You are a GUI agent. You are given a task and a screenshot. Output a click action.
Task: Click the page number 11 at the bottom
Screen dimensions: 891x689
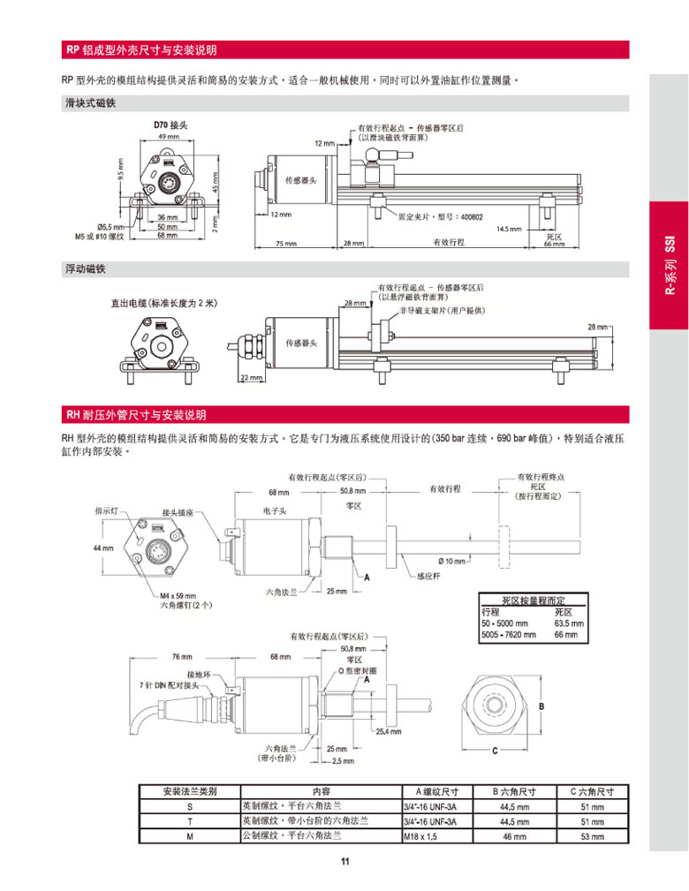[344, 863]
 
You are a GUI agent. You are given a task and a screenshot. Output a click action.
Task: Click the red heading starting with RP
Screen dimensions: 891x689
[141, 49]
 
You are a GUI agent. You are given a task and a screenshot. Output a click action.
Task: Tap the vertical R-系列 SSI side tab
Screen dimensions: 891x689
[669, 265]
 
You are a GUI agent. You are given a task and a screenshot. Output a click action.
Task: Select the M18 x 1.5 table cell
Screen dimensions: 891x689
[420, 836]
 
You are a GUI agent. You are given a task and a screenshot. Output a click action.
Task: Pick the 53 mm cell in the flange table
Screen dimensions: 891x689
[592, 836]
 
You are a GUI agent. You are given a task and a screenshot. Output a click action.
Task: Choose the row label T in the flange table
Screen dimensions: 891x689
[189, 821]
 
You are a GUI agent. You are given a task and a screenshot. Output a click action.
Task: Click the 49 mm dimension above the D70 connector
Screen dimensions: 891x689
[167, 137]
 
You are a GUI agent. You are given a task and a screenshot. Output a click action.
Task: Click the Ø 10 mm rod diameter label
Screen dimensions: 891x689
[451, 562]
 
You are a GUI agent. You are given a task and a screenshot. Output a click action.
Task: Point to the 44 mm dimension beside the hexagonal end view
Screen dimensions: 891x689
[103, 548]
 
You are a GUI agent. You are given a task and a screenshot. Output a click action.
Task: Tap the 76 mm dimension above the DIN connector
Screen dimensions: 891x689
[181, 657]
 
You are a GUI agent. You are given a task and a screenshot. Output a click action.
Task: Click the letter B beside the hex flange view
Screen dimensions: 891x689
[542, 706]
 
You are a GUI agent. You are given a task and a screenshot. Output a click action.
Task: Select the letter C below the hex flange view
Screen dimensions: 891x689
[495, 751]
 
